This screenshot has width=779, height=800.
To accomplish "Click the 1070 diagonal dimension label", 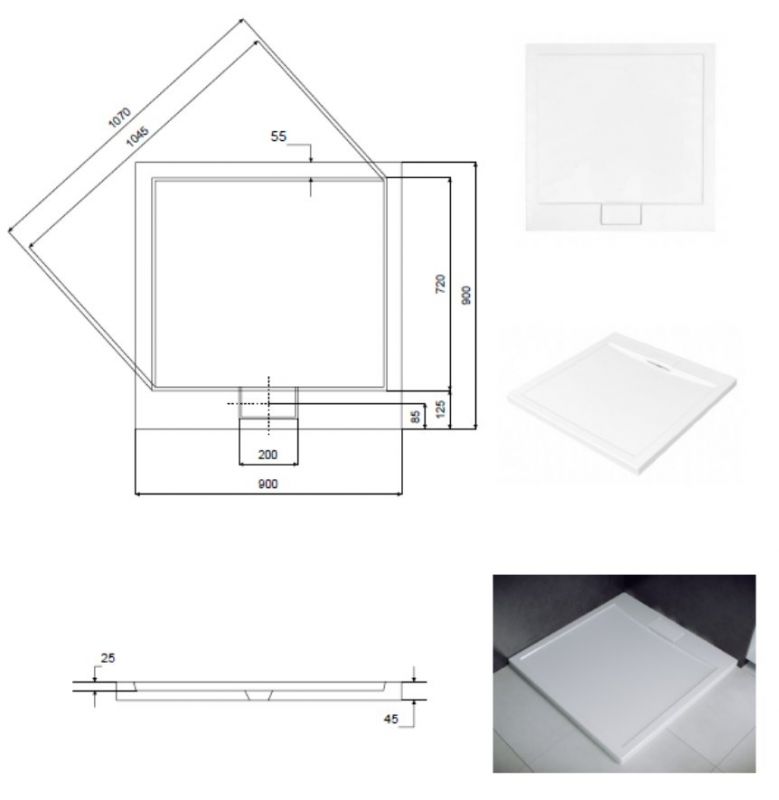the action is click(x=120, y=117).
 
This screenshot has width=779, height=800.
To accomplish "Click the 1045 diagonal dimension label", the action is click(x=137, y=137).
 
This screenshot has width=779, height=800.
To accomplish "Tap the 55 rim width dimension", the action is click(x=279, y=136).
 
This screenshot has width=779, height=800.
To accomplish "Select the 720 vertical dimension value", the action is click(x=440, y=284).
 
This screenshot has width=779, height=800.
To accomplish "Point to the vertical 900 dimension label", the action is click(x=466, y=295).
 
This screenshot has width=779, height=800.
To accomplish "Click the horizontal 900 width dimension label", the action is click(x=268, y=484).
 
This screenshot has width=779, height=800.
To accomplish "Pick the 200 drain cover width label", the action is click(x=268, y=454).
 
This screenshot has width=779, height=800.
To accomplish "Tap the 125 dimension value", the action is click(x=441, y=409).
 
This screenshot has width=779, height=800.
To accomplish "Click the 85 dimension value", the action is click(x=416, y=416).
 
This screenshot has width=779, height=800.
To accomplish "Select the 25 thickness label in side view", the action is click(x=108, y=658).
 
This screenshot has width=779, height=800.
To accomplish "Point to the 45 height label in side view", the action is click(x=391, y=719).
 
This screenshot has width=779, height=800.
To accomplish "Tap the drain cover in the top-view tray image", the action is click(x=621, y=214).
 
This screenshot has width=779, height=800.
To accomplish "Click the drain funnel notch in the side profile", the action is click(x=259, y=695).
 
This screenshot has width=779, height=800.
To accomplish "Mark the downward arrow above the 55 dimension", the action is click(x=311, y=154).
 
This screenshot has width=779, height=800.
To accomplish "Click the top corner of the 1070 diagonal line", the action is click(x=242, y=19).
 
